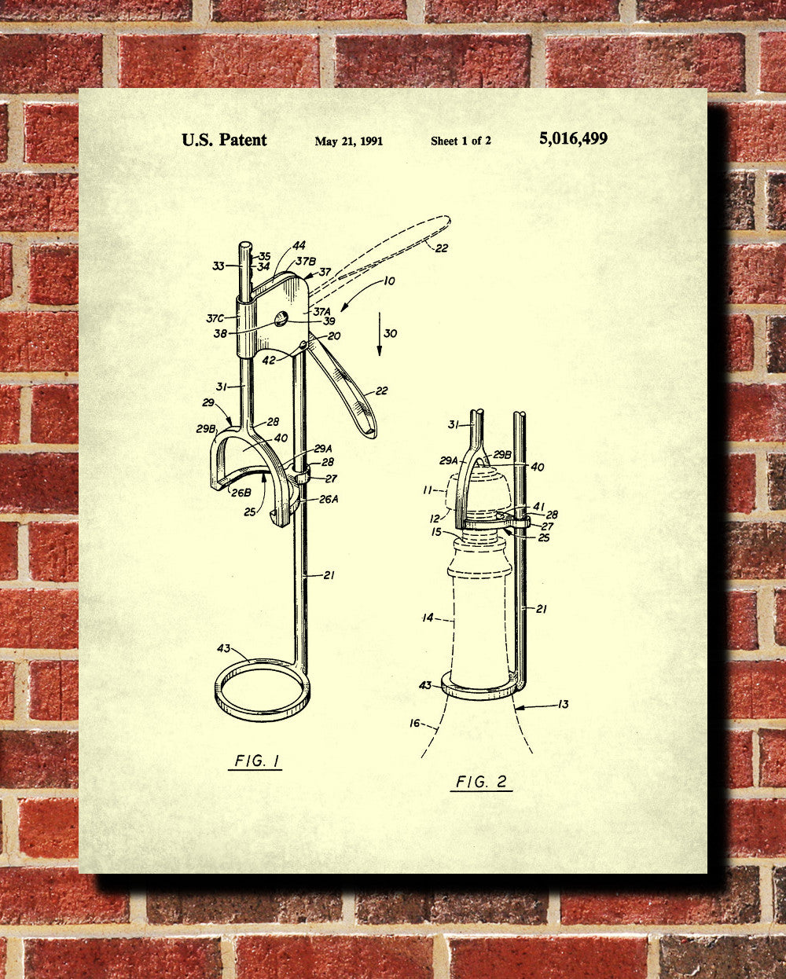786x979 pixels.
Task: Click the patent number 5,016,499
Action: (573, 139)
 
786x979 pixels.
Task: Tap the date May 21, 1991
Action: (349, 141)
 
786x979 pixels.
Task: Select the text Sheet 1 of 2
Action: (461, 141)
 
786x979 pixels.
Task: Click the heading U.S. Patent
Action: (224, 140)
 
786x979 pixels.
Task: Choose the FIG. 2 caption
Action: (482, 782)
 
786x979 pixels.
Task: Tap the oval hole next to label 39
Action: (281, 318)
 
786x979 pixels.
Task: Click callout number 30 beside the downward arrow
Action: (391, 333)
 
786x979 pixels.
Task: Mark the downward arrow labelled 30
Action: (379, 334)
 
